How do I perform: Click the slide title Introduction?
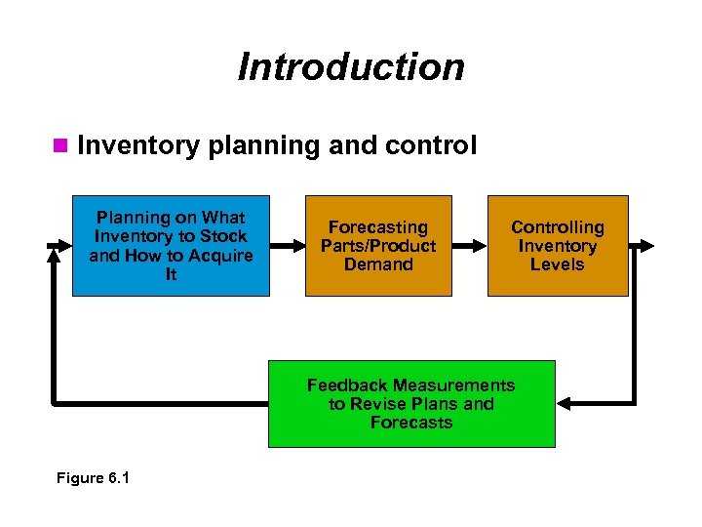[x=351, y=67]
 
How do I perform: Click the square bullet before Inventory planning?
[x=60, y=146]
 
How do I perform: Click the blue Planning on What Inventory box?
[x=171, y=245]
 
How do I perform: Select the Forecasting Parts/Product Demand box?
[x=378, y=245]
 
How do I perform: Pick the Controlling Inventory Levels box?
[x=558, y=245]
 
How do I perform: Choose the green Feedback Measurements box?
[x=410, y=404]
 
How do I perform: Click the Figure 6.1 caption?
[x=94, y=478]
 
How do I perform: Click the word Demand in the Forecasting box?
[x=378, y=264]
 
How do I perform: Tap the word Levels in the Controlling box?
[x=558, y=264]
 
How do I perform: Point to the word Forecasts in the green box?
[x=411, y=423]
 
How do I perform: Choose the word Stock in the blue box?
[x=223, y=236]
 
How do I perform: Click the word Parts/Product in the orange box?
[x=378, y=246]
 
